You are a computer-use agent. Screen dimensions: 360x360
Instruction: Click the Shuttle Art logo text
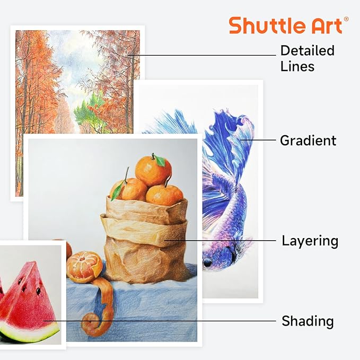click(288, 25)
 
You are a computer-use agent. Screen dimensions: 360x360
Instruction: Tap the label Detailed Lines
click(308, 58)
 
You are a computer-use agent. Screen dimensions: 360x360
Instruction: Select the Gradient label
click(308, 141)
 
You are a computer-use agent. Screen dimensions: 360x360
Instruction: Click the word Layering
click(310, 241)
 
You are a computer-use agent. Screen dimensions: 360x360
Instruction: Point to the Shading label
click(308, 321)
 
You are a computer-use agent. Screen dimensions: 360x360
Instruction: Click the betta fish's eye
click(207, 262)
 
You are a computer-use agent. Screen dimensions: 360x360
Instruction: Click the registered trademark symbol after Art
click(346, 19)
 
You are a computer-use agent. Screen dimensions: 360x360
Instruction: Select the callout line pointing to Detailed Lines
click(207, 55)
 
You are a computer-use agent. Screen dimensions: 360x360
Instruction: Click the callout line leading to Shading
click(159, 320)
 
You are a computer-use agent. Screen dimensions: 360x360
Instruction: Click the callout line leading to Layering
click(223, 241)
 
